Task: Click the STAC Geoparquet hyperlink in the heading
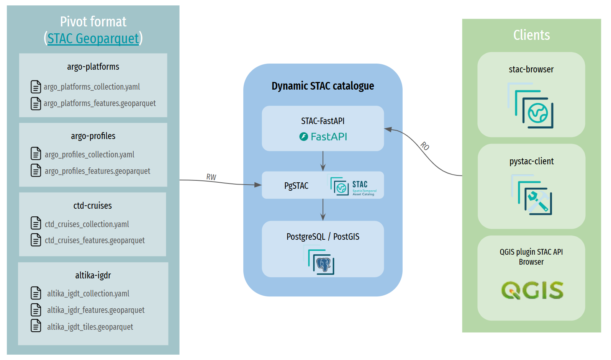coord(93,39)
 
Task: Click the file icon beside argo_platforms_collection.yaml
coord(36,87)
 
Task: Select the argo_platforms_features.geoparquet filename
coord(100,103)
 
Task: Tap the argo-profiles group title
coord(93,136)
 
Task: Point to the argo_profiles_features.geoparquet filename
coord(97,171)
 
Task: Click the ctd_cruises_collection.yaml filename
coord(87,224)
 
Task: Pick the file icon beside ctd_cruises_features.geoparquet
coord(36,240)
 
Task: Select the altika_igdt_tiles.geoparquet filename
coord(90,327)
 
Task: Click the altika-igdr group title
coord(93,275)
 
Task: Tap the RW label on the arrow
coord(211,177)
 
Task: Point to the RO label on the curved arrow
coord(425,146)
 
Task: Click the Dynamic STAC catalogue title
coord(323,86)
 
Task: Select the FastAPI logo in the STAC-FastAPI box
coord(323,137)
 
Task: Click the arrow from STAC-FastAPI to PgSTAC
coord(323,161)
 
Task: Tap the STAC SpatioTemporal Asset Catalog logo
coord(353,187)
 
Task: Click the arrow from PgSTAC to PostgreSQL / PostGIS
coord(323,209)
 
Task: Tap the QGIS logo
coord(532,290)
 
